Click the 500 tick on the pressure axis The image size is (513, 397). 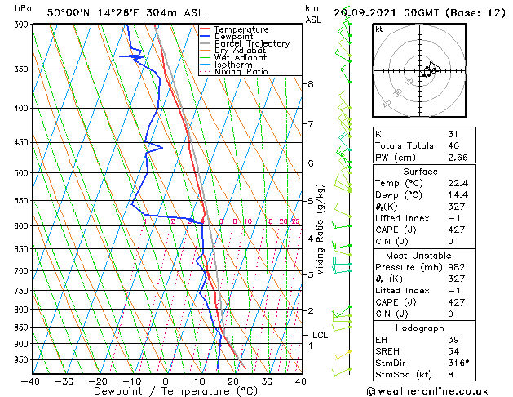(20, 173)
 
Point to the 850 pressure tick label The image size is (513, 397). (20, 328)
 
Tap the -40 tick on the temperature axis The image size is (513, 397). (31, 381)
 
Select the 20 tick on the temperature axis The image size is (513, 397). (232, 381)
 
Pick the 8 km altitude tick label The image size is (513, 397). (311, 84)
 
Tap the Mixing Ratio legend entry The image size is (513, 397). (241, 72)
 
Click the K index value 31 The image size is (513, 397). (453, 134)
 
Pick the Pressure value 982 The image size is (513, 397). (455, 267)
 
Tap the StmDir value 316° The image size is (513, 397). (458, 363)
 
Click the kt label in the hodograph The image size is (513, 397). (378, 29)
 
